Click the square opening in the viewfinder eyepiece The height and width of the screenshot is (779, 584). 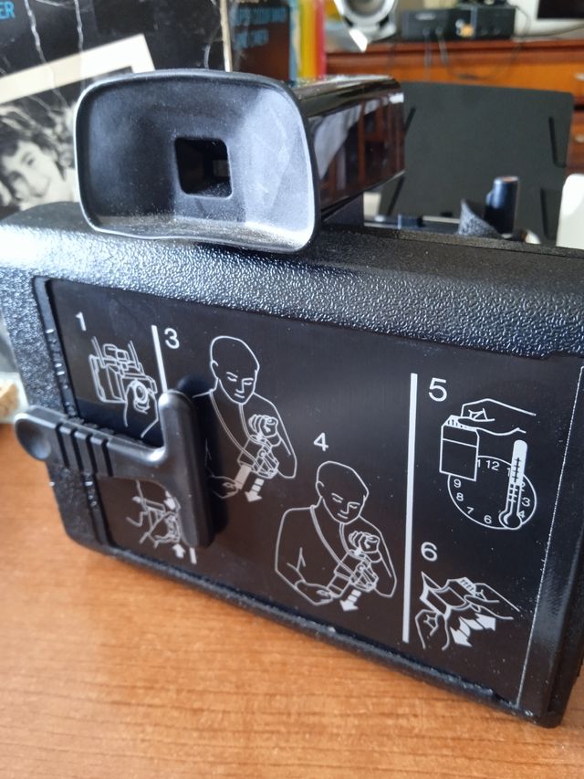tap(203, 167)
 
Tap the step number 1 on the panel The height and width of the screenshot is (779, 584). tap(81, 322)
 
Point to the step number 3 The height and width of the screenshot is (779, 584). tap(172, 338)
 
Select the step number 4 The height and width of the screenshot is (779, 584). tap(319, 442)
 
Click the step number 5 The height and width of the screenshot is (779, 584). tap(437, 390)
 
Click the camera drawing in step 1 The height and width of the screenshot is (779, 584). tap(119, 374)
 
